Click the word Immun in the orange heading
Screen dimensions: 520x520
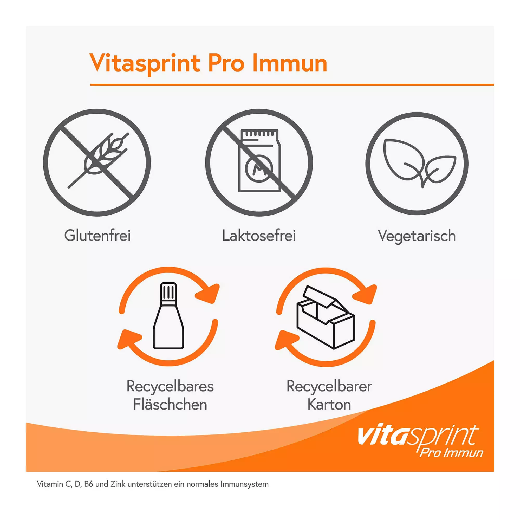point(290,63)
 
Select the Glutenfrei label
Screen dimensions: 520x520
point(97,236)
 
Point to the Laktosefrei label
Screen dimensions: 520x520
point(259,236)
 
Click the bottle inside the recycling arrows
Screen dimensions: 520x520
point(168,315)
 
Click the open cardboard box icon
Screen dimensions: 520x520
point(326,317)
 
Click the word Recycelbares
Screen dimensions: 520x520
point(170,387)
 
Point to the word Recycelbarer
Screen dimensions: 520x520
point(329,387)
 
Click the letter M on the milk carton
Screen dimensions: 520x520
point(259,169)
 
